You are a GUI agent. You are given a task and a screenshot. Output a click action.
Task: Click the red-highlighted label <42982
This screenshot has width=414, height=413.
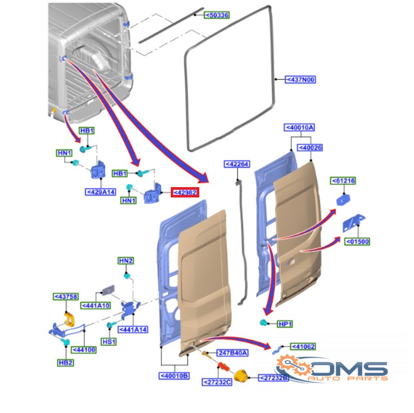pyautogui.click(x=185, y=192)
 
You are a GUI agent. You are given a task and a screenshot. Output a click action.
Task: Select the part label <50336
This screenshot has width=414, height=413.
pyautogui.click(x=217, y=16)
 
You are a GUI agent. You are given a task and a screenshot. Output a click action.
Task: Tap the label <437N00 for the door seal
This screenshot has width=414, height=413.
pyautogui.click(x=300, y=80)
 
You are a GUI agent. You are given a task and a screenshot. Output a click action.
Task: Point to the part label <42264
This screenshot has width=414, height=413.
pyautogui.click(x=237, y=164)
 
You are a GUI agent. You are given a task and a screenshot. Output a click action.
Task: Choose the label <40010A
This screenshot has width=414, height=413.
pyautogui.click(x=300, y=128)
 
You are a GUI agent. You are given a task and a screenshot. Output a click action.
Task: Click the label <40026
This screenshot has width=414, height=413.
pyautogui.click(x=310, y=148)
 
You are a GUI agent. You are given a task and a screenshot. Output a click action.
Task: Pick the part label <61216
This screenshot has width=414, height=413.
pyautogui.click(x=343, y=181)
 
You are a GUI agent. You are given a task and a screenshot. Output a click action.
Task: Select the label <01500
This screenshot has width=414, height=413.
pyautogui.click(x=357, y=241)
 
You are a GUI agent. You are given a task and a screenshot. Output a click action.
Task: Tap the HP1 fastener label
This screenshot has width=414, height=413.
pyautogui.click(x=285, y=324)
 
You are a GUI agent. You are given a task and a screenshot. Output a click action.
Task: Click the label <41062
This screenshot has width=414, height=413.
pyautogui.click(x=303, y=346)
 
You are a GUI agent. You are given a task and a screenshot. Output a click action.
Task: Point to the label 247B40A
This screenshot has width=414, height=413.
pyautogui.click(x=232, y=353)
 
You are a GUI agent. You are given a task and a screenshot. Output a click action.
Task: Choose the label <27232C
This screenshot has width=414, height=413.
pyautogui.click(x=217, y=382)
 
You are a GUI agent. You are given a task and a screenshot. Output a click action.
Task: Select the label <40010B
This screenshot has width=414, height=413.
pyautogui.click(x=174, y=376)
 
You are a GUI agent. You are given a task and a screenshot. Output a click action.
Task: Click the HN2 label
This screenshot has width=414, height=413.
pyautogui.click(x=126, y=261)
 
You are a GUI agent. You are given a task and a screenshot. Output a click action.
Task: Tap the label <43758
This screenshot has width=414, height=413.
pyautogui.click(x=66, y=297)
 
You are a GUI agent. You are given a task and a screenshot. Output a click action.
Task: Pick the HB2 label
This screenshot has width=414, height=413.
pyautogui.click(x=66, y=363)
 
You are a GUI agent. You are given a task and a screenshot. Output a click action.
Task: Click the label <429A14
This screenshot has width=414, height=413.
pyautogui.click(x=100, y=192)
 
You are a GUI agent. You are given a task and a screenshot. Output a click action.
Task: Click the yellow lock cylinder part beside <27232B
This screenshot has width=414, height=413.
pyautogui.click(x=241, y=376)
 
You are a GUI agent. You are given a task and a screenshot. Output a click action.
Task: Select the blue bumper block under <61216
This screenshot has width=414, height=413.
pyautogui.click(x=343, y=200)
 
